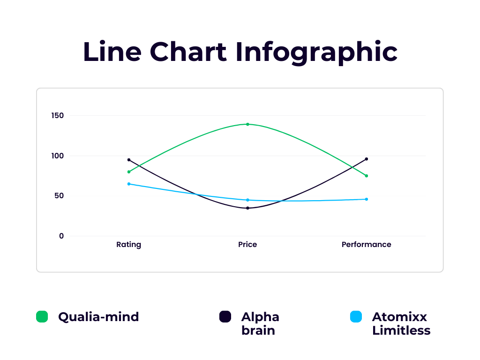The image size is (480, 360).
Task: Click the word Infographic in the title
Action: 316,52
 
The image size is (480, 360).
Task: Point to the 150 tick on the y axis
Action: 58,115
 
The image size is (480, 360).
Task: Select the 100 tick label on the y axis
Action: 58,156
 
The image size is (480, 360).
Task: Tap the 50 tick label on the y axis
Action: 59,195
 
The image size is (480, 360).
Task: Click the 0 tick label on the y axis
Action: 61,236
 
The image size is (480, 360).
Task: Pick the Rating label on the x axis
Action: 128,245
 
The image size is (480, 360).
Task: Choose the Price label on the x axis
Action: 247,244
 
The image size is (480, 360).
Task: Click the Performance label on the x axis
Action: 366,244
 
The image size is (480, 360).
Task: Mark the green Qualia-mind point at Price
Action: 247,124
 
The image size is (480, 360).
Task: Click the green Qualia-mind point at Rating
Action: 129,172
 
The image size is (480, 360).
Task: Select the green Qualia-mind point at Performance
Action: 367,176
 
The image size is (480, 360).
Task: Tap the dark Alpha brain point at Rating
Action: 129,160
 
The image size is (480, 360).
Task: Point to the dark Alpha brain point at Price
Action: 247,208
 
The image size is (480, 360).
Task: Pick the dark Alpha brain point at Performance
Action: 367,159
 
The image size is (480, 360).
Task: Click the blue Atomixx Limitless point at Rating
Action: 129,184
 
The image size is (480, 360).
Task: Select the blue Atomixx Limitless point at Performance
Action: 367,199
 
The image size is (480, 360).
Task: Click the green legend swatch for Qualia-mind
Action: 42,316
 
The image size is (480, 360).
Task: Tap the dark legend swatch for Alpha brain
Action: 225,316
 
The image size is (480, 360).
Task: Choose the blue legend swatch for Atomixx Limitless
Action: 356,316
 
